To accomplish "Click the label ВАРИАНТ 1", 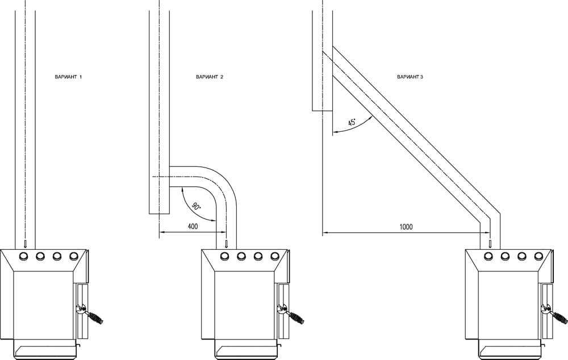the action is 68,77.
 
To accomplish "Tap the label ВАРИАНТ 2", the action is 210,77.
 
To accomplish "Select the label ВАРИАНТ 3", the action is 410,77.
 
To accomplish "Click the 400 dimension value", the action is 193,227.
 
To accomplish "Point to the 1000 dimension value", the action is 406,227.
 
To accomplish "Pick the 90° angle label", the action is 196,207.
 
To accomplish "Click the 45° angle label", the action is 352,123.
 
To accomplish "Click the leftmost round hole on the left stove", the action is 23,256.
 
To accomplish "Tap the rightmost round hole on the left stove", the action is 73,256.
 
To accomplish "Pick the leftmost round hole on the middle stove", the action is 224,256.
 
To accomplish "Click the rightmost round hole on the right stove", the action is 538,256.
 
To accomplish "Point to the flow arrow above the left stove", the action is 25,244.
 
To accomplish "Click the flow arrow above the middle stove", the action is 227,244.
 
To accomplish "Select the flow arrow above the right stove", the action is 490,244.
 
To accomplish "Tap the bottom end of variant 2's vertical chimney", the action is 160,214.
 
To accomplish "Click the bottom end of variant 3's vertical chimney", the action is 323,111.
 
